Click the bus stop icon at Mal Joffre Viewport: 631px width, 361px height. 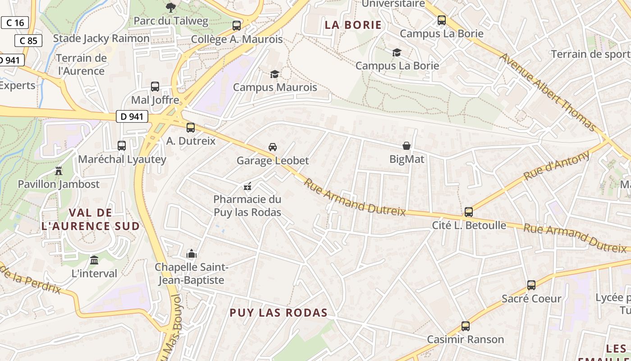pos(155,86)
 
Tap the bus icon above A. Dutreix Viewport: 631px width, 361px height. pos(191,127)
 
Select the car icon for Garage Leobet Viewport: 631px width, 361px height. pos(273,147)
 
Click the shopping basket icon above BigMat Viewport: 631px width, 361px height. pos(407,146)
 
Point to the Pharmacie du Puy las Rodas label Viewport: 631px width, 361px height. pos(247,206)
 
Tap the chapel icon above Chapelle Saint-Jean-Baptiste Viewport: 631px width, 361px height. pos(192,254)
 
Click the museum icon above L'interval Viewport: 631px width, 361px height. pos(94,260)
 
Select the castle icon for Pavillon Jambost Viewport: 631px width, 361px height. pos(58,171)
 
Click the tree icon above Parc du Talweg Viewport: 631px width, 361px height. pos(171,7)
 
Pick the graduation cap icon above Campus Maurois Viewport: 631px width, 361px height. pos(274,74)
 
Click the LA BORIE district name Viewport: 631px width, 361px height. pos(353,25)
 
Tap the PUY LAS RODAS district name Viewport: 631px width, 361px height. pos(279,313)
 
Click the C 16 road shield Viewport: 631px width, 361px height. pos(15,23)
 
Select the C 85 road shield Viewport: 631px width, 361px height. pos(28,41)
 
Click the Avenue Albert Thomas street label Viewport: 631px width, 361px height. pos(548,92)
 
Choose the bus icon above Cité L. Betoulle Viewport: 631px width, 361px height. pos(469,212)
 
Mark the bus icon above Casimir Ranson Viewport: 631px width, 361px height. pos(466,326)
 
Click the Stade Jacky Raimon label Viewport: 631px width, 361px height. pos(101,38)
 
